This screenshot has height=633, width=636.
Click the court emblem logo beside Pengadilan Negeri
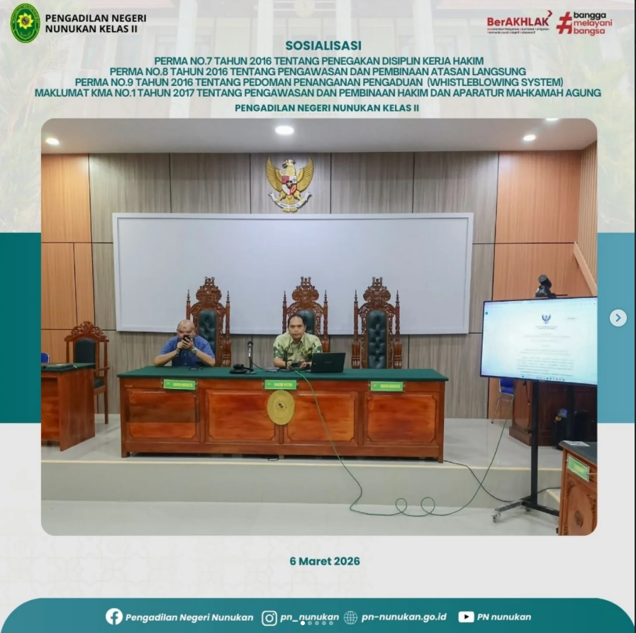coord(25,23)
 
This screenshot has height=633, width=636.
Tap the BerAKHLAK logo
coord(519,22)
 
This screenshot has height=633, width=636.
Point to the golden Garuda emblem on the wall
coord(289,183)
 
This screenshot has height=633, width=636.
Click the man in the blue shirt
coord(185,347)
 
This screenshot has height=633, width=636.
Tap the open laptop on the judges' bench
coord(327,363)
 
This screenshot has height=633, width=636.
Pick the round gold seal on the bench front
coord(281,407)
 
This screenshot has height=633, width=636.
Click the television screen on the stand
coord(538,340)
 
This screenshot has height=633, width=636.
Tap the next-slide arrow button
coord(618,318)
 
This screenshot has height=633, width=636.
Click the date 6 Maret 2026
coord(325,561)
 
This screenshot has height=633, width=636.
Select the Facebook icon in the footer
coord(113,617)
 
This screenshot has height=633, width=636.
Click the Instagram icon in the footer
coord(269,617)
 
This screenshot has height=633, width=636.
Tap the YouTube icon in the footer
coord(466,617)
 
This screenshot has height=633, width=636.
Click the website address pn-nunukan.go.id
coord(403,617)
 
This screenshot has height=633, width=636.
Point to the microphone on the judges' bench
coord(250,353)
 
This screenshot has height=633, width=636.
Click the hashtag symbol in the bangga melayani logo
coord(564,22)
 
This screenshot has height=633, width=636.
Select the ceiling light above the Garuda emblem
coord(284,130)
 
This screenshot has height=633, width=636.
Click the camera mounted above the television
coord(545,285)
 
